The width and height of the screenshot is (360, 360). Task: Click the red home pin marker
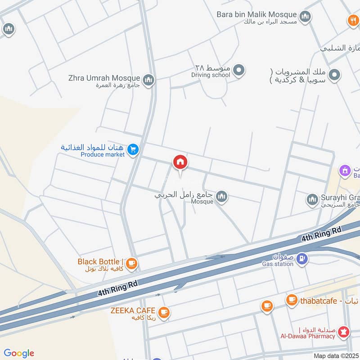point(180,162)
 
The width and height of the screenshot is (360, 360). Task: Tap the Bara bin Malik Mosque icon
point(306,17)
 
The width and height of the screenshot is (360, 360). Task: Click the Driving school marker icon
point(239,70)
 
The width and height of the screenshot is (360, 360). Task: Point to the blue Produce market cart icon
point(133,149)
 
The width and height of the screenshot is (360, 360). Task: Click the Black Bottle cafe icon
point(131,264)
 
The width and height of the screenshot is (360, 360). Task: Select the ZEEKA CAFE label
point(133,311)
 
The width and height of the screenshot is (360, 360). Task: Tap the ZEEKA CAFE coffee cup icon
point(164,311)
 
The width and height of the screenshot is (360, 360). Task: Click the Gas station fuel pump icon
point(303,258)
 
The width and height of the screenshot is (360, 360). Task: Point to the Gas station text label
point(278,264)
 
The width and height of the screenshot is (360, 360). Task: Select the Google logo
point(19,353)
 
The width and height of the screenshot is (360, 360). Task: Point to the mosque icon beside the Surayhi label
point(312,199)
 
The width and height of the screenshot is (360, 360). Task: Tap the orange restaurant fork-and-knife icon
point(353,20)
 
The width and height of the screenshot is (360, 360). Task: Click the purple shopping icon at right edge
point(345,170)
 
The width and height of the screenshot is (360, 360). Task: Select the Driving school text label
point(211,75)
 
